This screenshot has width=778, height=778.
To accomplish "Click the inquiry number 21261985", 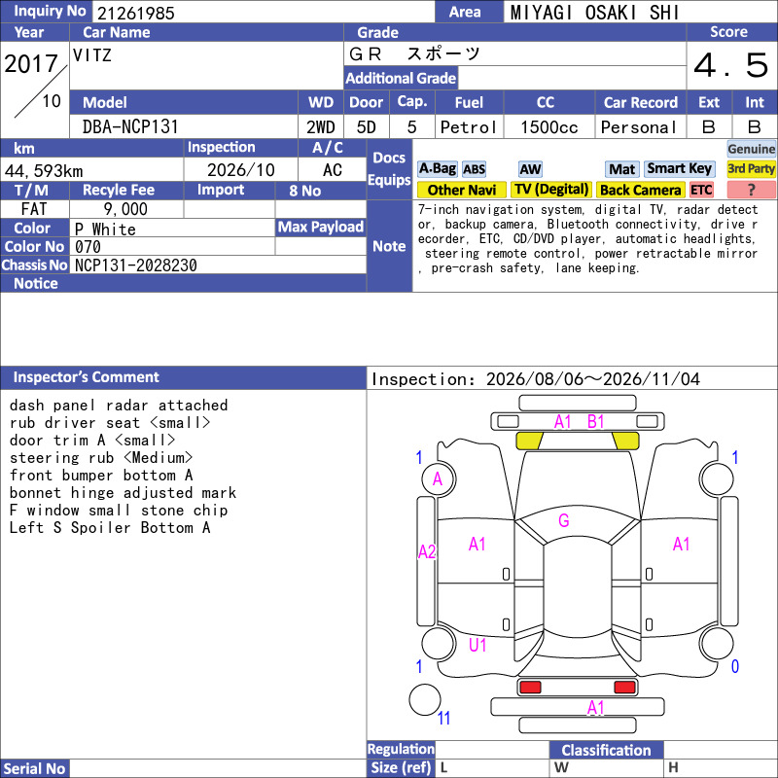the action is pos(136,13).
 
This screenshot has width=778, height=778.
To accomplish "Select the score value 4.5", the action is pos(731,65).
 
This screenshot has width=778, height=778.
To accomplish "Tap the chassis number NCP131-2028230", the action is pos(136,265).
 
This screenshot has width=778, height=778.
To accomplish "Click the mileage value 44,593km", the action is pos(44,171).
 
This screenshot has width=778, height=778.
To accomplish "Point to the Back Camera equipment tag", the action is pos(640,190).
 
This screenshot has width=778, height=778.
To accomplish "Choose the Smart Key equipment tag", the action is pos(679,168).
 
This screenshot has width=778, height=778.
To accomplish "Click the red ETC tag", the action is pos(701,190).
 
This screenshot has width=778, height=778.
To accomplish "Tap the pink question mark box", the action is pos(751,190).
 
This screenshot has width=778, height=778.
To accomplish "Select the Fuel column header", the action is pos(469,103).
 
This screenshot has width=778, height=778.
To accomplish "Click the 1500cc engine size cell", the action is pos(549,127).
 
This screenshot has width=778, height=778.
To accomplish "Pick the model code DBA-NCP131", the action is pos(130,127).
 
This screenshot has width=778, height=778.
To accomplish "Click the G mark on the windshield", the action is pos(564,520).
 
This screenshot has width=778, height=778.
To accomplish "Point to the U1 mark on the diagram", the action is pos(477,645).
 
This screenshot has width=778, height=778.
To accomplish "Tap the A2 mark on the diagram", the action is pos(427,551).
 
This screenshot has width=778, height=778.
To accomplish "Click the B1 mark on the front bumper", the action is pos(595,422).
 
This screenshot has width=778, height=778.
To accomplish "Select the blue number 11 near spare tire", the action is pos(443,718).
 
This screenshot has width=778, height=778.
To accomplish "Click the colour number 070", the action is pos(88,247).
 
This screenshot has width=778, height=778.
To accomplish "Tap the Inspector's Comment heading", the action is pos(87,377).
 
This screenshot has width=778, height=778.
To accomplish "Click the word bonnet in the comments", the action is pos(35,493).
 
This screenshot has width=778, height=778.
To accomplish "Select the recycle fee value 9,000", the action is pos(125,209).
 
